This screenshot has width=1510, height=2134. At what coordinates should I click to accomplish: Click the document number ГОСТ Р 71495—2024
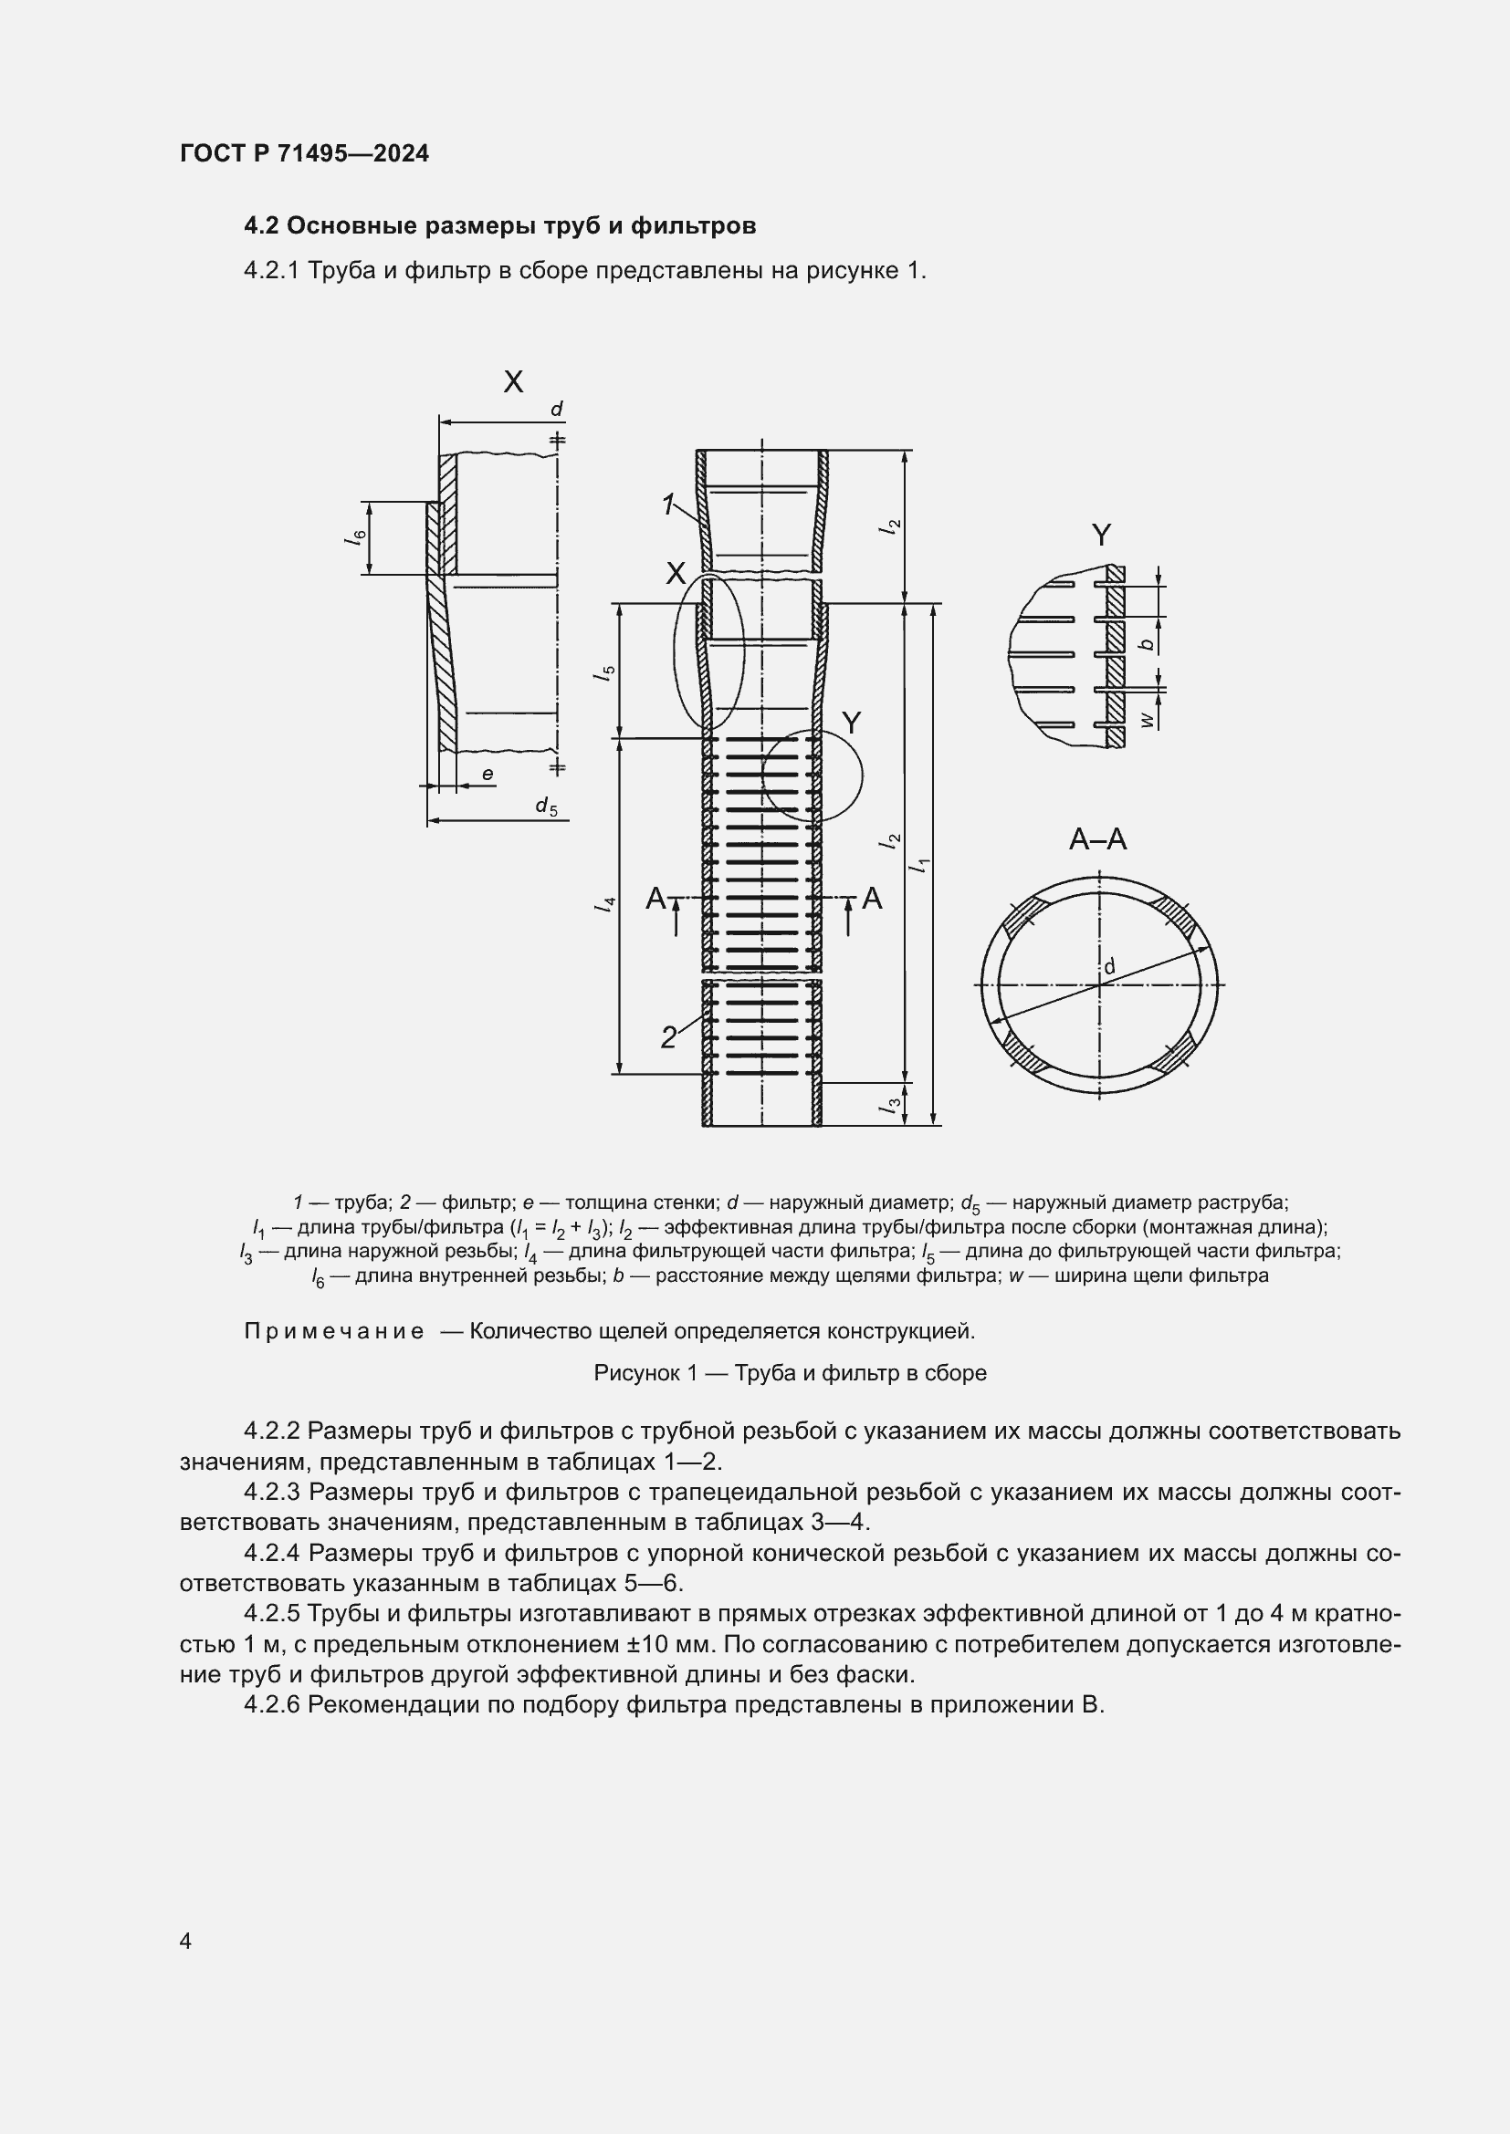coord(304,154)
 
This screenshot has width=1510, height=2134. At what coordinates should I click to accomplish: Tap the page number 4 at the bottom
coord(186,1941)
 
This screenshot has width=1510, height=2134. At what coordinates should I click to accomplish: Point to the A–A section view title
coord(1097,840)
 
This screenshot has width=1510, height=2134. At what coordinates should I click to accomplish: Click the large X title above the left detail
coord(513,381)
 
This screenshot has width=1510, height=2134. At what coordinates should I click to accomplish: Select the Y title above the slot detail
coord(1101,536)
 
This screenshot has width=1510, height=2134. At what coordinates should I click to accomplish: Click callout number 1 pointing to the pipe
coord(668,505)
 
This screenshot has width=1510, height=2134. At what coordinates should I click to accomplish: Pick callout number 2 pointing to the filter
coord(668,1037)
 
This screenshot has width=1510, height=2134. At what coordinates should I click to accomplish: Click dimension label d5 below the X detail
coord(546,807)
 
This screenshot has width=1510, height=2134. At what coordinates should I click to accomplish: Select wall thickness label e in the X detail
coord(488,775)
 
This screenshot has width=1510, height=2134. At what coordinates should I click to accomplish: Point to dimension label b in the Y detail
coord(1149,643)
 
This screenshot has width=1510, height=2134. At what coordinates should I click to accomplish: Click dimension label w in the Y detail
coord(1149,718)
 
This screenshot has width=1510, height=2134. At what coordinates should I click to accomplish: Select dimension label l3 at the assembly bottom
coord(893,1105)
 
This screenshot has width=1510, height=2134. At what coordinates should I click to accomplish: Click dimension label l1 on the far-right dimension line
coord(921,864)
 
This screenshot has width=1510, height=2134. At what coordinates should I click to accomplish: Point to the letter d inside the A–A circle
coord(1108,967)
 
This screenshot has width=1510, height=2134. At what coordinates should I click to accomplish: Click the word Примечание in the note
coord(334,1332)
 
